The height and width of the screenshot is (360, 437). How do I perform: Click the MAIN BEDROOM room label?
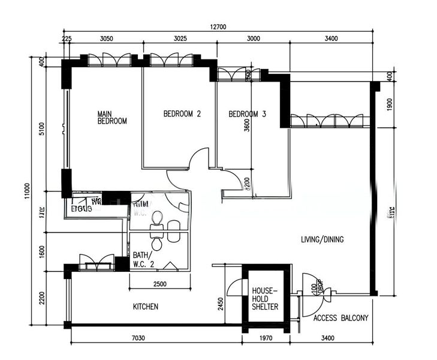click(112, 116)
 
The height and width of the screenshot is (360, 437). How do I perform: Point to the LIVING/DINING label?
click(322, 239)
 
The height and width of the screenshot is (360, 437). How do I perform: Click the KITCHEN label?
click(145, 307)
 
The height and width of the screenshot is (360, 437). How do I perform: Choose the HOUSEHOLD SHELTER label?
click(265, 298)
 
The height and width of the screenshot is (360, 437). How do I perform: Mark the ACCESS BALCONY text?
click(340, 318)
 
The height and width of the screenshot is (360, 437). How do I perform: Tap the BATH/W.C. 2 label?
click(141, 259)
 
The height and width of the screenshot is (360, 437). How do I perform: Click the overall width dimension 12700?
click(220, 27)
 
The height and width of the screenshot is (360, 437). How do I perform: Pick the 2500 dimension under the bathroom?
click(159, 284)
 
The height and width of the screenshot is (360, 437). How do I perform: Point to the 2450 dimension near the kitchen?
click(221, 305)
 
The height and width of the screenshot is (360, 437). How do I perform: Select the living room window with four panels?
click(327, 121)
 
